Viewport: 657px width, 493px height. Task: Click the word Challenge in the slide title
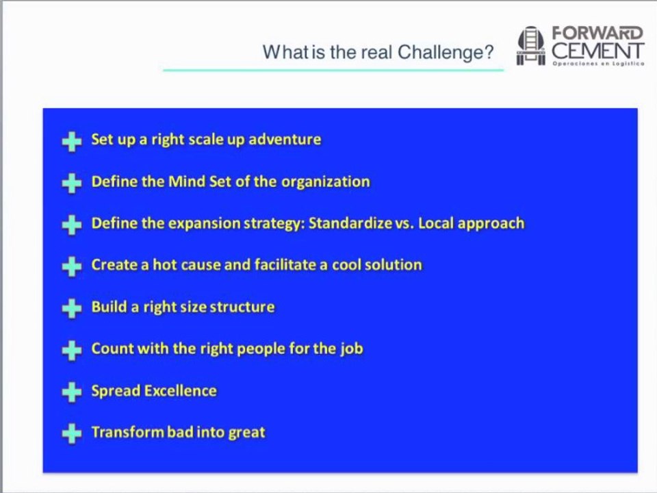(446, 53)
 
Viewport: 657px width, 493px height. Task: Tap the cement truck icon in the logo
(531, 46)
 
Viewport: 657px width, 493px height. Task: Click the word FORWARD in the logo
(597, 33)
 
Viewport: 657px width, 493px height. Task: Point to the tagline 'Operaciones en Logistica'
(598, 64)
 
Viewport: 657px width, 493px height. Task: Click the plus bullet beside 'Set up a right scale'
(72, 141)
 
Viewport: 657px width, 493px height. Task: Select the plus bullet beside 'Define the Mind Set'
(72, 184)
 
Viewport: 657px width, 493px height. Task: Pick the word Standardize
(350, 223)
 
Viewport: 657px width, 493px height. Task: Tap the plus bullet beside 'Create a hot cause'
(72, 266)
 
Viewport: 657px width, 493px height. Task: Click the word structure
(242, 307)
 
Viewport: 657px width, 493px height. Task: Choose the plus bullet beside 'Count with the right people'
(72, 350)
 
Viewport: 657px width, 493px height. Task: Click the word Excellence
(181, 391)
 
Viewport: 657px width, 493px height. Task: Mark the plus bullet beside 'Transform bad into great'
(72, 433)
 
